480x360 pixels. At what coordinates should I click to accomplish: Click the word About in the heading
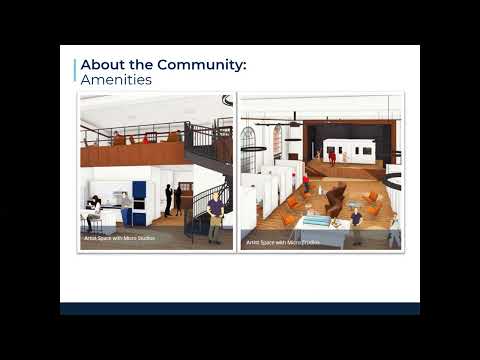(x=102, y=64)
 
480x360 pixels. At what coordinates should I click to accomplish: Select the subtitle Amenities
(x=116, y=79)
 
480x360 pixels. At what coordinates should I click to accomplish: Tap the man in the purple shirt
(x=215, y=214)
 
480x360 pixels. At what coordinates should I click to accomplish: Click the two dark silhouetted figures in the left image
(x=173, y=200)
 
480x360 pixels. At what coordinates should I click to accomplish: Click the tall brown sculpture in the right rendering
(x=337, y=195)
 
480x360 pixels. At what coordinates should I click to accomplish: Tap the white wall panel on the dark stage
(x=350, y=150)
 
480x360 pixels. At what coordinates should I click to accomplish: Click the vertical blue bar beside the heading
(x=76, y=71)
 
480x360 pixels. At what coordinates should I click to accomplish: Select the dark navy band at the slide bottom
(x=240, y=308)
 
